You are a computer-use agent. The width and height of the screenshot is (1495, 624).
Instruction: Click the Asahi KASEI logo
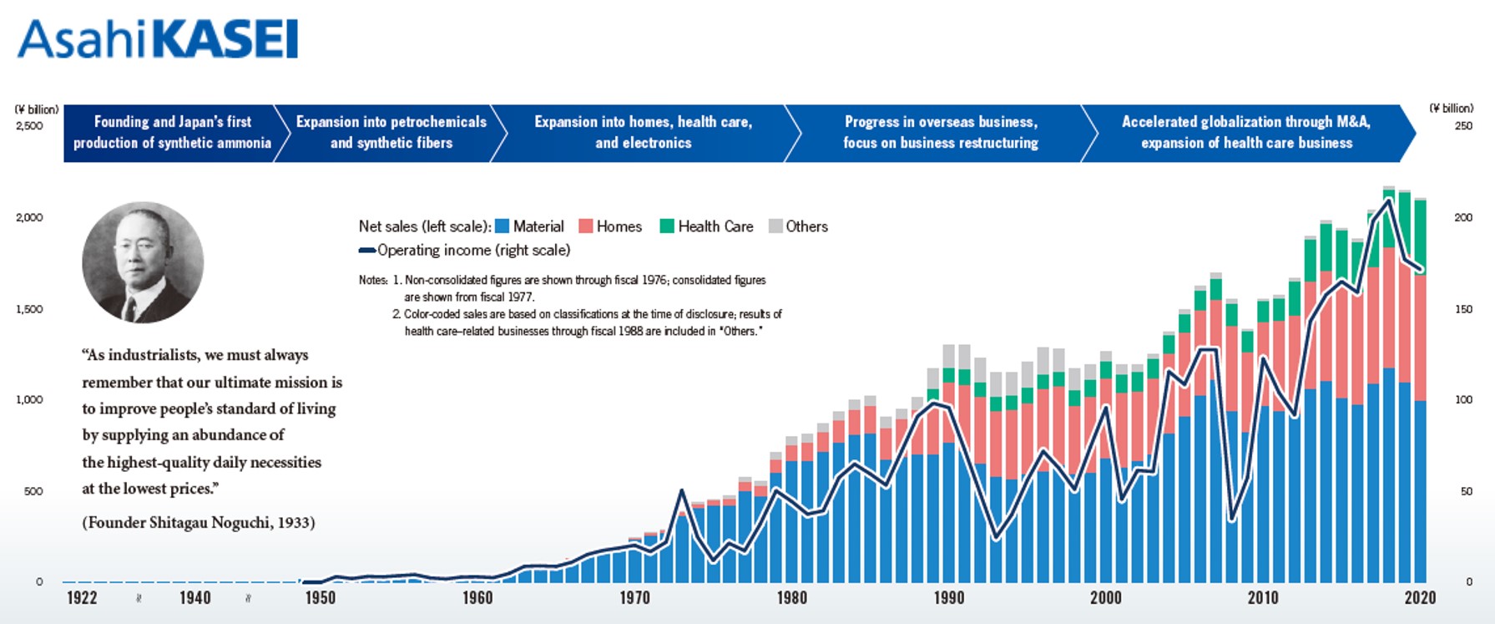click(158, 39)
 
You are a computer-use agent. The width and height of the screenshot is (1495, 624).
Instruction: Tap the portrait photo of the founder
click(143, 262)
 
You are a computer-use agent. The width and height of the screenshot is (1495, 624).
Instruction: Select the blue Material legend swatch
click(502, 226)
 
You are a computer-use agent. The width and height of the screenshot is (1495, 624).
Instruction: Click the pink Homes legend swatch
click(585, 226)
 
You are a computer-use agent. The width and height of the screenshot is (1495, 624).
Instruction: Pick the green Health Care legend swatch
click(667, 226)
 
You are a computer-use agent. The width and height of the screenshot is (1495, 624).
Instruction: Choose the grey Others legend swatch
click(775, 226)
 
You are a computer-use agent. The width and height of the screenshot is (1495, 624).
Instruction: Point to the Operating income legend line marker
click(367, 251)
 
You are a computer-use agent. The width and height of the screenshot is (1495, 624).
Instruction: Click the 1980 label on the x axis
click(791, 598)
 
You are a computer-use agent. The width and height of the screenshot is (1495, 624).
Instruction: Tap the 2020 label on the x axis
click(1420, 598)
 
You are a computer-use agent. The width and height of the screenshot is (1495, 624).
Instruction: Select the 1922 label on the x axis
click(82, 598)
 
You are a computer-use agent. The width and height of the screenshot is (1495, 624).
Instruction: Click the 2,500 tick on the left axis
click(29, 126)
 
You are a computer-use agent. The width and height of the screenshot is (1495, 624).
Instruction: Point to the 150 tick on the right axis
click(1463, 309)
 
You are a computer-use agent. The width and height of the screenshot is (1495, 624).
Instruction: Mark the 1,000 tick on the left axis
click(29, 400)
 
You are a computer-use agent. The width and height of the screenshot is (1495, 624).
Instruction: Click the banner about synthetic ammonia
click(172, 133)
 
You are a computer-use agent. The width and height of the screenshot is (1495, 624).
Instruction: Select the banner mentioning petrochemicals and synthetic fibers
click(391, 133)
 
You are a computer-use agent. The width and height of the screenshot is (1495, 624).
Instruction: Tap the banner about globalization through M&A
click(1246, 133)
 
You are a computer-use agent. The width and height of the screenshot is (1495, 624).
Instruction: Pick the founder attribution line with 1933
click(199, 523)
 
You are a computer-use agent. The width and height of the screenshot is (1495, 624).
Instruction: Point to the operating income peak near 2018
click(1388, 200)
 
